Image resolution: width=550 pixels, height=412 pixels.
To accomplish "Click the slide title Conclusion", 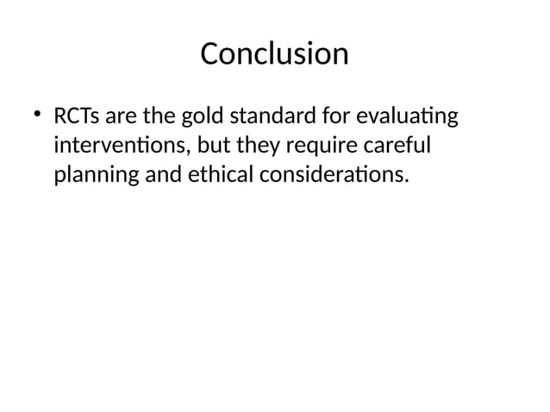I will tap(274, 54).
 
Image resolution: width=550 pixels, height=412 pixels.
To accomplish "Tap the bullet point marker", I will tap(37, 114).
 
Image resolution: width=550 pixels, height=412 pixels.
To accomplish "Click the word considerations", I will tap(327, 176).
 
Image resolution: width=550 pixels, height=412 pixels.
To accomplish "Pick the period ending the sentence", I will tap(403, 182).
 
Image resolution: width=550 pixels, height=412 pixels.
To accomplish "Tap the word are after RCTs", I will tap(122, 115).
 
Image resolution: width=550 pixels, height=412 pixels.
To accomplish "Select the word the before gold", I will tap(161, 115).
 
